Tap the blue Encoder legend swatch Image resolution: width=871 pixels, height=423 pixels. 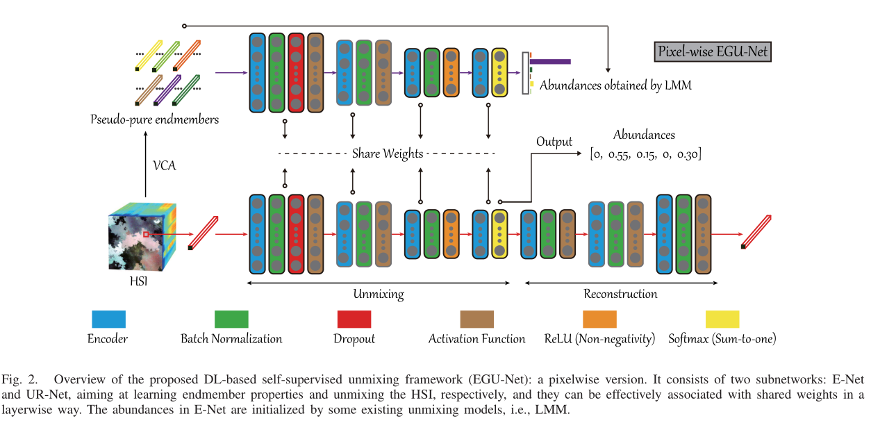pyautogui.click(x=108, y=319)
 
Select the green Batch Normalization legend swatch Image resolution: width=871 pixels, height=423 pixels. pyautogui.click(x=231, y=319)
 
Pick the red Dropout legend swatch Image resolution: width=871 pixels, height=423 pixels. pyautogui.click(x=354, y=319)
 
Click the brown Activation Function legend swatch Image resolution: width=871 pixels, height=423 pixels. pyautogui.click(x=476, y=319)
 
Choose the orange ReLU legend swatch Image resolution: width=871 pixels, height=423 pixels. pyautogui.click(x=599, y=319)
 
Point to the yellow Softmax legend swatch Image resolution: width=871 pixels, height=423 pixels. pyautogui.click(x=722, y=319)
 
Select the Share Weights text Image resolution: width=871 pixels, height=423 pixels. pyautogui.click(x=387, y=154)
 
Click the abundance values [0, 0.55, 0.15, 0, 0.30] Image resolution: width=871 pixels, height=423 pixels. pyautogui.click(x=645, y=154)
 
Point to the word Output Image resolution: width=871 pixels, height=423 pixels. pyautogui.click(x=554, y=142)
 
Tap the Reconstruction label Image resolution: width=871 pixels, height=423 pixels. pyautogui.click(x=620, y=294)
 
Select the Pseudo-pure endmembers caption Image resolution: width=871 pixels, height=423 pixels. pyautogui.click(x=154, y=119)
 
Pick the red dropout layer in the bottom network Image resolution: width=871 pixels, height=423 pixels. pyautogui.click(x=296, y=234)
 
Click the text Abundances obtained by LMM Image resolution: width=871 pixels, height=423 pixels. pyautogui.click(x=615, y=85)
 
